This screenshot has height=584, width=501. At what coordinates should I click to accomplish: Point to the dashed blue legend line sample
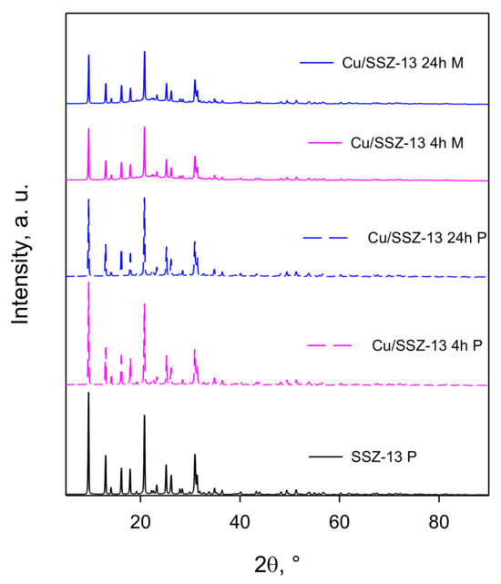(326, 237)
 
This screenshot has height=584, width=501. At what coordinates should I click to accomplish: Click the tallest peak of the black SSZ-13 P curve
(88, 393)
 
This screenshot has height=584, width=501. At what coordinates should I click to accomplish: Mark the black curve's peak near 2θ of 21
(144, 415)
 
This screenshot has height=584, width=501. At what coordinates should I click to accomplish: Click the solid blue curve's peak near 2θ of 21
(144, 52)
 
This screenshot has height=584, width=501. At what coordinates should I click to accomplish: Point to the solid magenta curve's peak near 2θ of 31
(194, 159)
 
